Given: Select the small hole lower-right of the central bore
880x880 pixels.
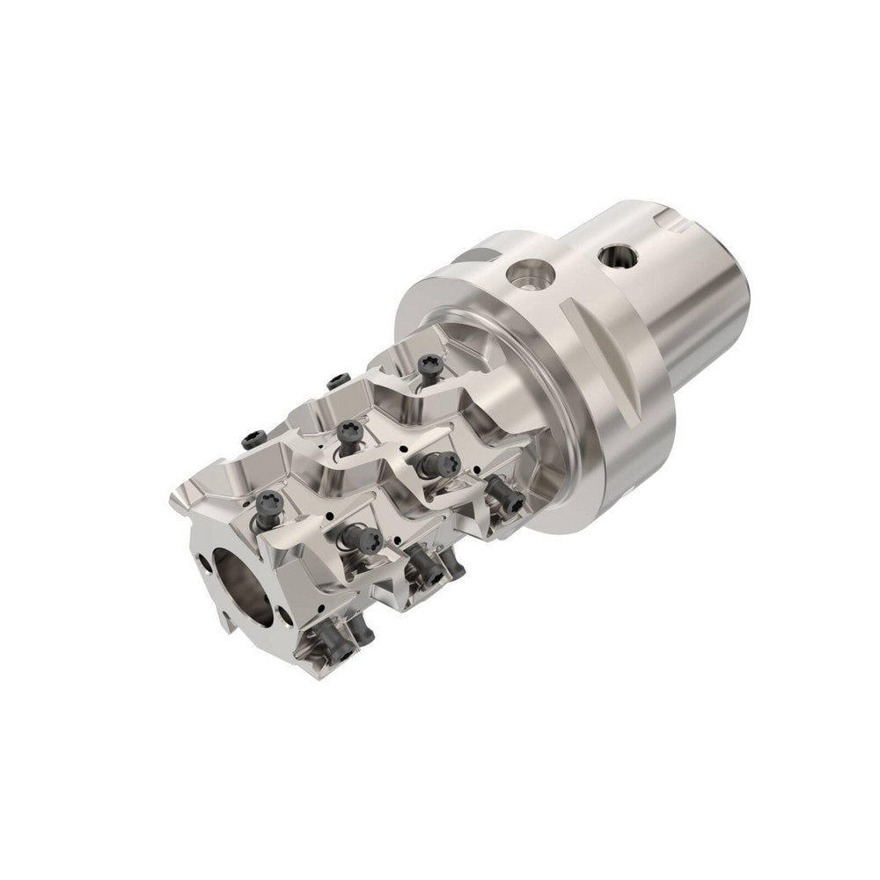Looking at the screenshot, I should [281, 612].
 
